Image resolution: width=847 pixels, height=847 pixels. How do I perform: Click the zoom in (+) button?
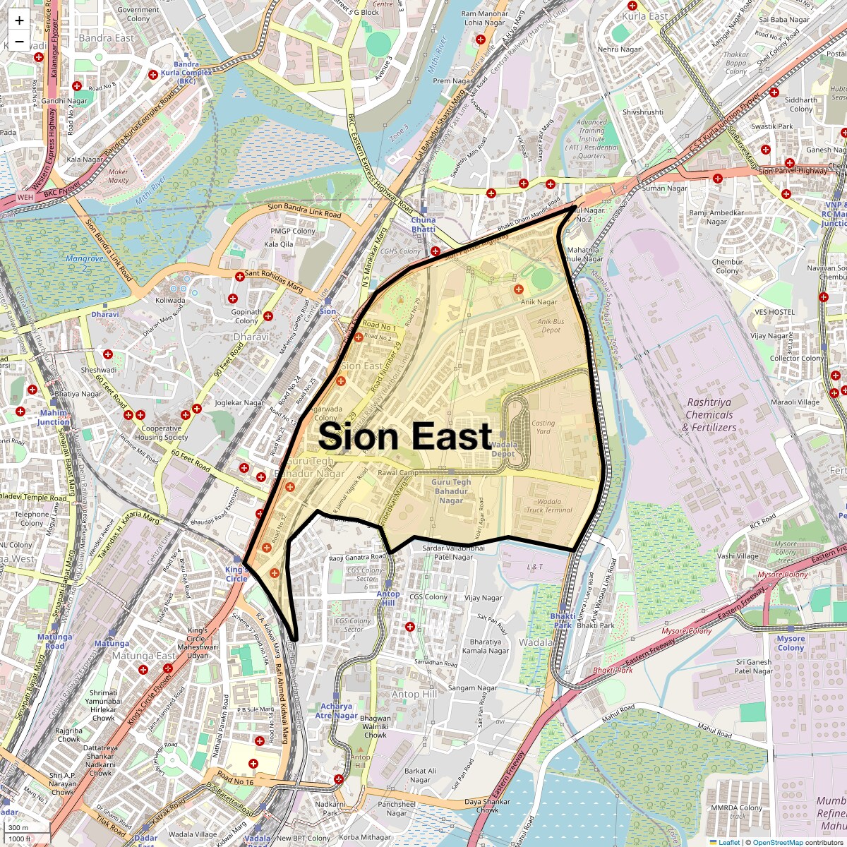pos(19,20)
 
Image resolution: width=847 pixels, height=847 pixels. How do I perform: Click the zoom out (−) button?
pos(19,42)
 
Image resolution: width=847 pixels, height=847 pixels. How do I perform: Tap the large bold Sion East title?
pos(405,436)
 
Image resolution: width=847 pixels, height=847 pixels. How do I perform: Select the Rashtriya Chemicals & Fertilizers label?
pos(709,415)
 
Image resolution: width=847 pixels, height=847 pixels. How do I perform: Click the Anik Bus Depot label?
pos(551,325)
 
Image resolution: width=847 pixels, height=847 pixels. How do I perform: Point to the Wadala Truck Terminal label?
pos(549,506)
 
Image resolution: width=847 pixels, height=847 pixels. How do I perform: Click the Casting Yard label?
pos(543,427)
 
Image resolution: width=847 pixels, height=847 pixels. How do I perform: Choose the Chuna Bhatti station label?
pos(423,224)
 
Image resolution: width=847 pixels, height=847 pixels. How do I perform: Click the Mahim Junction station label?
pos(54,417)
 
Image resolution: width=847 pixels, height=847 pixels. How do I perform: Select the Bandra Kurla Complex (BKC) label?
pos(186,73)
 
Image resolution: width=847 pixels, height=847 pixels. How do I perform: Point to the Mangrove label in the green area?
pos(85,263)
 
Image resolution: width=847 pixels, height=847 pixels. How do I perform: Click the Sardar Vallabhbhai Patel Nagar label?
pos(453,552)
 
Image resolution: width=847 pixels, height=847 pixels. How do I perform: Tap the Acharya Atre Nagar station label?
pos(336,711)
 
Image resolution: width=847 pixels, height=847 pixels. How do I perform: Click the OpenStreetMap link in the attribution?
pos(777,842)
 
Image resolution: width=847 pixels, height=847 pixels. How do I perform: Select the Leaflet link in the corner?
pos(729,842)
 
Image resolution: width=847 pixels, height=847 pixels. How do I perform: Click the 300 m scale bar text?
pos(19,828)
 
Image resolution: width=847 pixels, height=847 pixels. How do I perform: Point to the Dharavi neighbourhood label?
pos(251,337)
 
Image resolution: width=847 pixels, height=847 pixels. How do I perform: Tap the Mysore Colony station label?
pos(791,643)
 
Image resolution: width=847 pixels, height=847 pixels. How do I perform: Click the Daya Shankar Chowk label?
pos(487,805)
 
